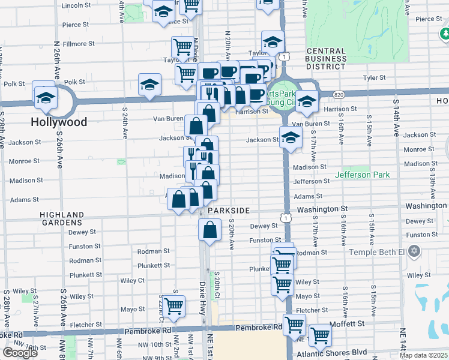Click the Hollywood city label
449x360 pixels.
point(59,122)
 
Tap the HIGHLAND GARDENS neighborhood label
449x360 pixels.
point(62,218)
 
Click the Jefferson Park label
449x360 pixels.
point(362,175)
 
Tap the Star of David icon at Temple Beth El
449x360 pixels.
point(414,250)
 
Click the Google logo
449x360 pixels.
point(20,353)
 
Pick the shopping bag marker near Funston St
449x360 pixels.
point(208,229)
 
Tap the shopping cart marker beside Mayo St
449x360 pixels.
point(173,305)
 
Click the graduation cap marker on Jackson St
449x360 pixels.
point(291,137)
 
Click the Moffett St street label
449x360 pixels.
point(348,323)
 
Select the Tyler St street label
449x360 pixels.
point(373,78)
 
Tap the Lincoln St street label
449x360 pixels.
point(76,5)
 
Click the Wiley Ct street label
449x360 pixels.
point(133,280)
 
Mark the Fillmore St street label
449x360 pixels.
point(79,44)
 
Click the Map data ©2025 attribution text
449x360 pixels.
point(424,355)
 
